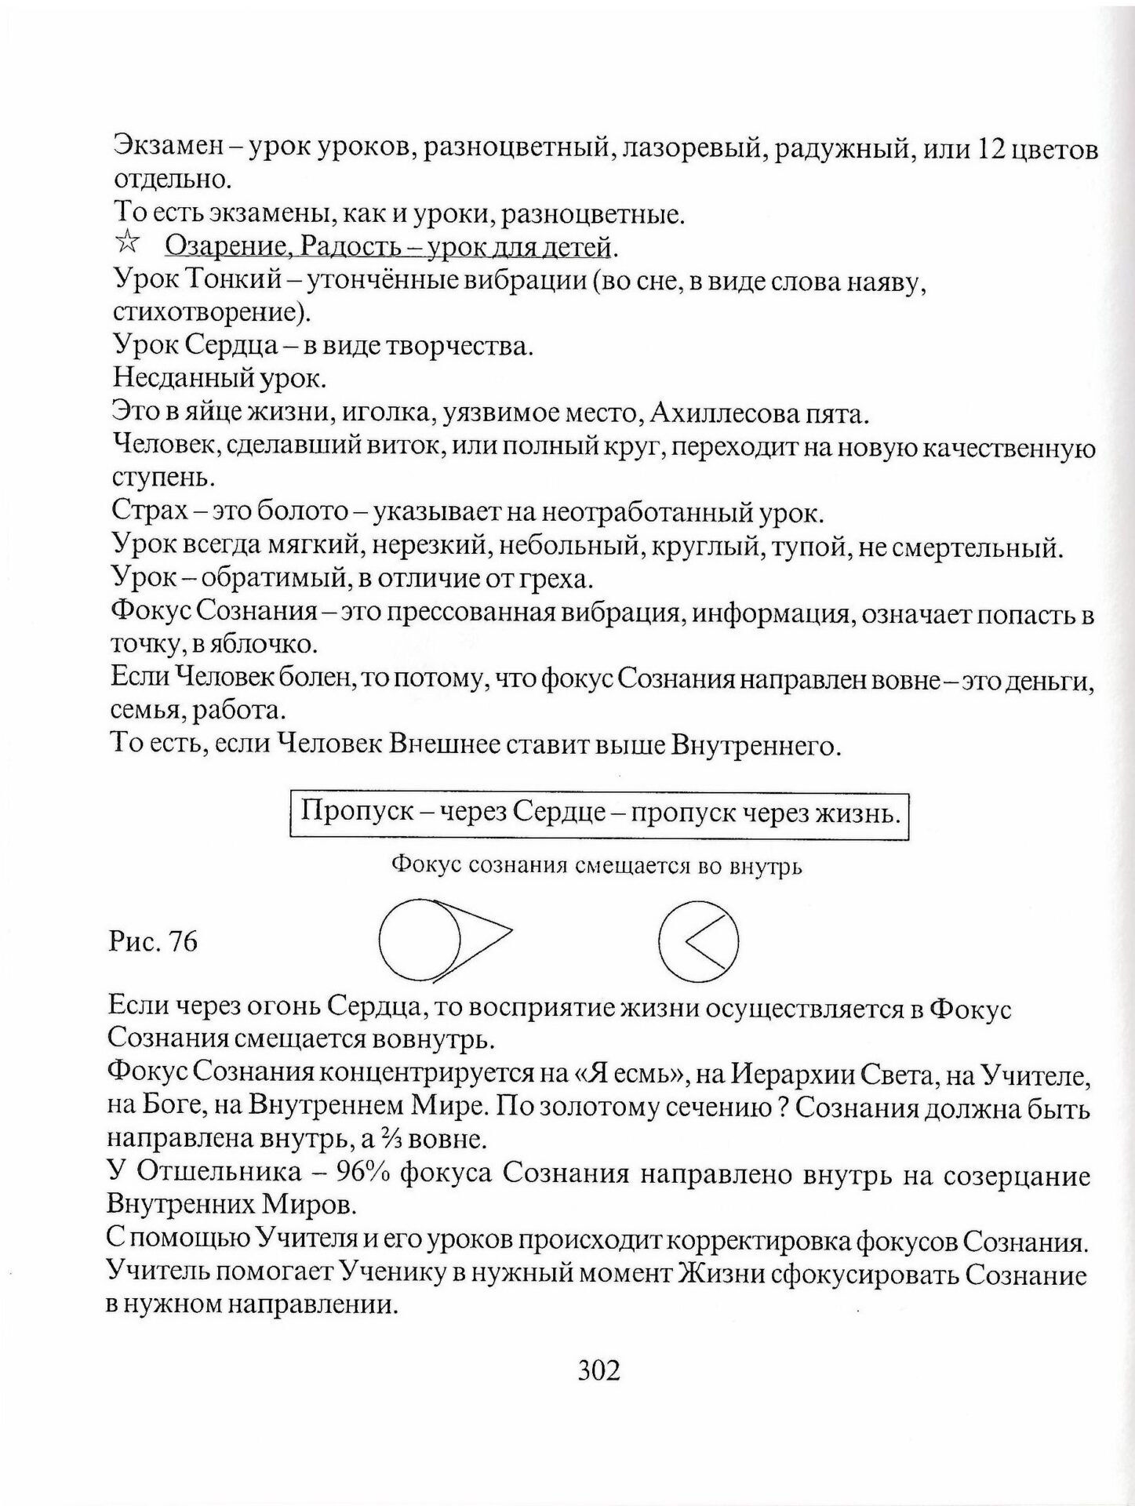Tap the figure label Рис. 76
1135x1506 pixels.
pyautogui.click(x=153, y=941)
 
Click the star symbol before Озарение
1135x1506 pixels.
pyautogui.click(x=126, y=246)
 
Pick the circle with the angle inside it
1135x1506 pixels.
pyautogui.click(x=698, y=940)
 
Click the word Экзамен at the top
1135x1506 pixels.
pyautogui.click(x=173, y=147)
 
